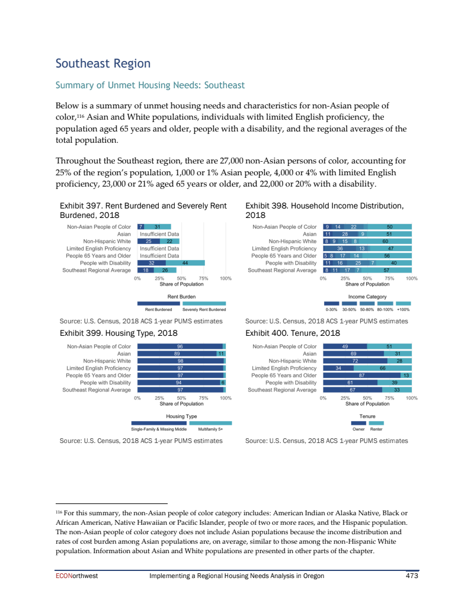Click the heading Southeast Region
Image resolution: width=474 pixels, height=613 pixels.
coord(103,63)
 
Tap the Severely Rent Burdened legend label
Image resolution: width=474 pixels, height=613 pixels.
coord(204,309)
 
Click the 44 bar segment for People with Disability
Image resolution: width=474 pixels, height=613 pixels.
coord(185,262)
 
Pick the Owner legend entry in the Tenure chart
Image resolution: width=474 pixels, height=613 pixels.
coord(358,429)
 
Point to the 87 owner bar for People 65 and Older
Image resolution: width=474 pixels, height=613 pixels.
coord(361,375)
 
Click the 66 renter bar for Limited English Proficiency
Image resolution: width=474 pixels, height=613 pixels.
coord(383,368)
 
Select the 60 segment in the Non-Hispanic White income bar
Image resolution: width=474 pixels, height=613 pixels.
coord(385,241)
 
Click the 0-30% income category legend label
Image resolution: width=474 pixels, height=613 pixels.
coord(332,309)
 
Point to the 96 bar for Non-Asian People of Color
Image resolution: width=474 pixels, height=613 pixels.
coord(180,346)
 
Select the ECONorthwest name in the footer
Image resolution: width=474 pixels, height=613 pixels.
coord(76,576)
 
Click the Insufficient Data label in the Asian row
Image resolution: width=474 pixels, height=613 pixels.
coord(159,234)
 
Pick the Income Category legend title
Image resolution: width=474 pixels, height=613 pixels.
coord(367,297)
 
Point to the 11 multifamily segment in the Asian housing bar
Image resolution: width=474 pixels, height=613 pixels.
coord(220,353)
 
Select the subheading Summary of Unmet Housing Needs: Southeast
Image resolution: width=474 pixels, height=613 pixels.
coord(150,85)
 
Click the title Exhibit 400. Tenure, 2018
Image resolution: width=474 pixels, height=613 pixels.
coord(293,333)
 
